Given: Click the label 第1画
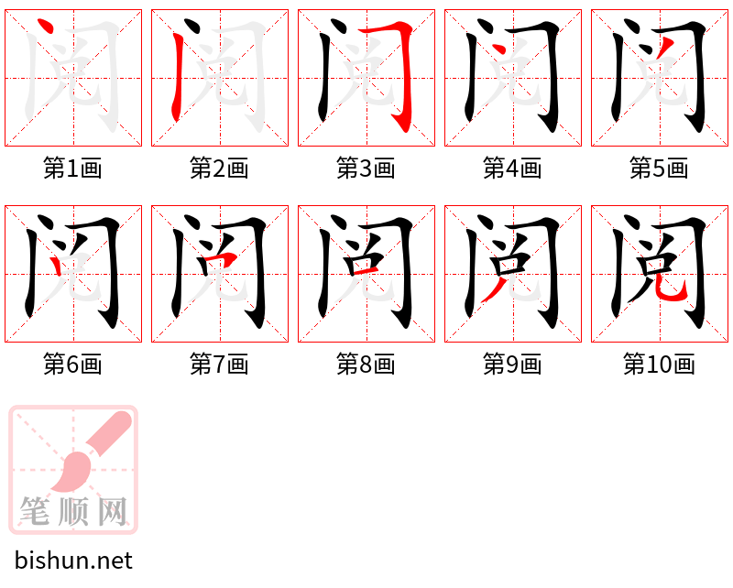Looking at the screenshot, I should click(73, 169).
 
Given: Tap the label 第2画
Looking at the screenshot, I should click(220, 169).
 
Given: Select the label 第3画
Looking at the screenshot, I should click(366, 169).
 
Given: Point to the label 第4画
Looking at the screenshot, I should click(513, 169).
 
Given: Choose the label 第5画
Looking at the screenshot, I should click(660, 169).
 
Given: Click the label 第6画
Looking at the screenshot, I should click(73, 365).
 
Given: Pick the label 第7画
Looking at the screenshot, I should click(220, 365).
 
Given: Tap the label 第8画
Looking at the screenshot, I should click(366, 365).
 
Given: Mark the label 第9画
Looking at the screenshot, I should click(513, 365).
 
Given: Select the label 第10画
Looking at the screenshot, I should click(660, 365).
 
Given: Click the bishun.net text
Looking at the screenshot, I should click(74, 561).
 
